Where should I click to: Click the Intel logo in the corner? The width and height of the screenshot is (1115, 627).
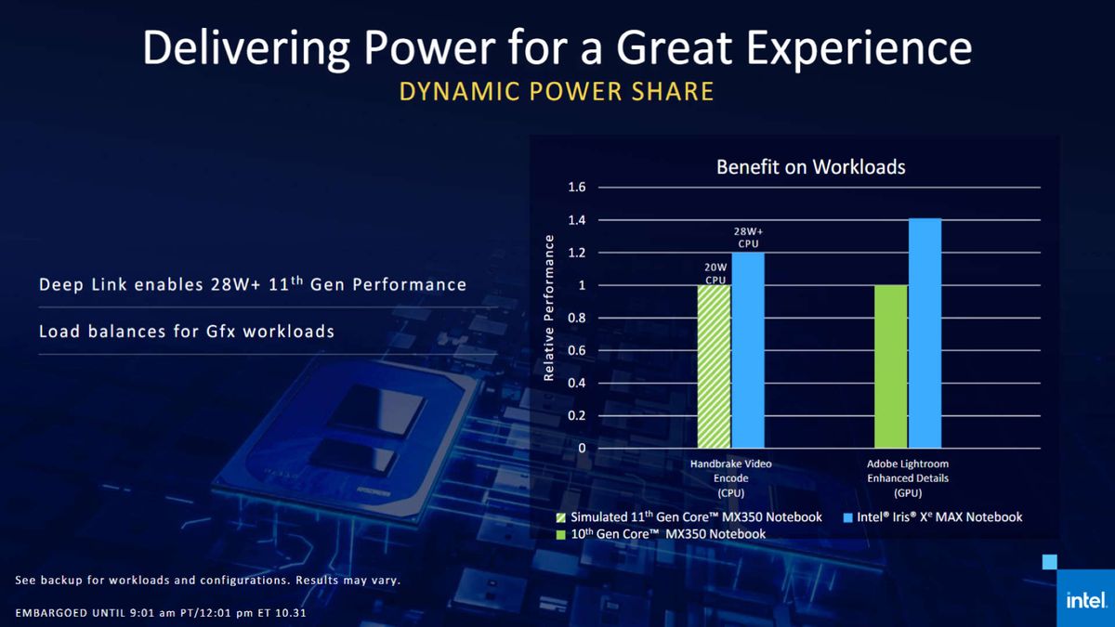coord(1084,600)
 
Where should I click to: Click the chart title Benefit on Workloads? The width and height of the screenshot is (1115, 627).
coord(810,167)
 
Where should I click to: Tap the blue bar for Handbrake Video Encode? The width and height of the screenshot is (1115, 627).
coord(747,350)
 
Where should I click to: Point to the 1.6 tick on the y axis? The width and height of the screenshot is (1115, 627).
coord(576,188)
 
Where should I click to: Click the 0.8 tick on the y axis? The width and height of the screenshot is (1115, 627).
coord(576,318)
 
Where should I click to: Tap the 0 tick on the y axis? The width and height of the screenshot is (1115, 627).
coord(581,448)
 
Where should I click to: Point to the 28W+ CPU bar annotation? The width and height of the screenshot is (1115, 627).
coord(747,237)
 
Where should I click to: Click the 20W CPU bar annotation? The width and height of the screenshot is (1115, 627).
coord(714,271)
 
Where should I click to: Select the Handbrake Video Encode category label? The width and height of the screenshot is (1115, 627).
coord(730,477)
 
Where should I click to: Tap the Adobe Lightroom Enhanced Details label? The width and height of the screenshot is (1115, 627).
coord(908,477)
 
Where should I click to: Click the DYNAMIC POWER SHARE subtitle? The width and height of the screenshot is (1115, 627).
coord(557,91)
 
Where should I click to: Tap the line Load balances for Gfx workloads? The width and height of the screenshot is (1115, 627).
coord(187,330)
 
